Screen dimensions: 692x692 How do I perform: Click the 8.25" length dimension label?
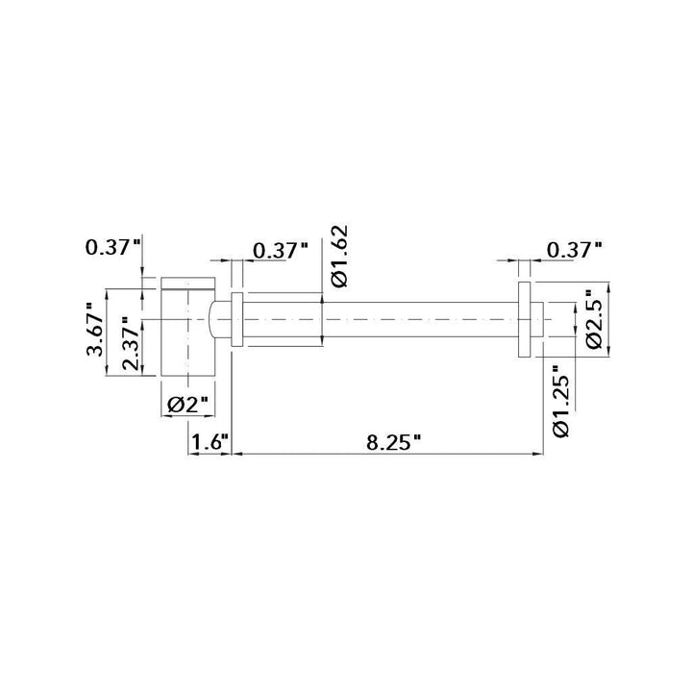393,442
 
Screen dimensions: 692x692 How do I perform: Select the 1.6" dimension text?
210,442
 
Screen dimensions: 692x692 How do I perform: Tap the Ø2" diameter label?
187,405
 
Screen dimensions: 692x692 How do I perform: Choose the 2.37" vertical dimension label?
132,343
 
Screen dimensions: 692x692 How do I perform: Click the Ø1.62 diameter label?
340,257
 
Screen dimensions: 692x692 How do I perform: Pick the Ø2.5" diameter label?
595,319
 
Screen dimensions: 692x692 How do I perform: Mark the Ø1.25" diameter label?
561,401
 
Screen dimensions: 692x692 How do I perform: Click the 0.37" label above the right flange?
574,250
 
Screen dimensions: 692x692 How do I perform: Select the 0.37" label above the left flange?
281,251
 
